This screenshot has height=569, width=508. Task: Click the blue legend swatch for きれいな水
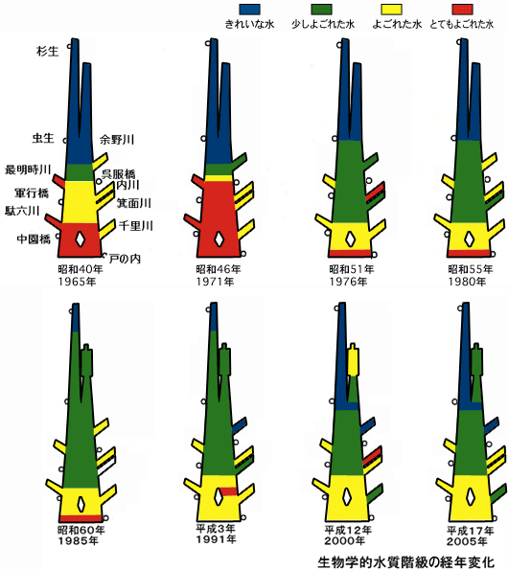pos(249,9)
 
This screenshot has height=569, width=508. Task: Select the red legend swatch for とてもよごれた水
pos(462,9)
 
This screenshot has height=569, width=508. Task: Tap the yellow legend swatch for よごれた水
pos(391,9)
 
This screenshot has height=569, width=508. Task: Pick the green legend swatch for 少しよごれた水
pos(321,9)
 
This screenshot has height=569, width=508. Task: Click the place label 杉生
pos(47,51)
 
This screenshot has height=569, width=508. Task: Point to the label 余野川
pos(117,139)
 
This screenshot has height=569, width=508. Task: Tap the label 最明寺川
pos(28,170)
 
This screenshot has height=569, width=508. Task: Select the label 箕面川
pos(133,203)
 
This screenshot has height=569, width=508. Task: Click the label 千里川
pos(135,226)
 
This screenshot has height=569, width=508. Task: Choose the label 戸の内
pos(125,259)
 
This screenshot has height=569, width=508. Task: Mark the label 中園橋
pos(34,239)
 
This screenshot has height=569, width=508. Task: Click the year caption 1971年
pos(215,282)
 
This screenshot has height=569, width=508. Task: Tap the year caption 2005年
pos(467,541)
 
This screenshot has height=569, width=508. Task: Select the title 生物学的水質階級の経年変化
pos(405,561)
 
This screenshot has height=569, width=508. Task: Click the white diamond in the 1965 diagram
pos(81,239)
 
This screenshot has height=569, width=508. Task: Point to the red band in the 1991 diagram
pos(228,491)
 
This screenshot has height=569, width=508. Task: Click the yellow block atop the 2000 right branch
pos(353,361)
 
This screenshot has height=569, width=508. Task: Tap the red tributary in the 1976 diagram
pos(375,192)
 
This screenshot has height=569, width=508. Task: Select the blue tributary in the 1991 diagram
pos(240,425)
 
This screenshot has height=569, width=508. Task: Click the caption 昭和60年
pos(81,530)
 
